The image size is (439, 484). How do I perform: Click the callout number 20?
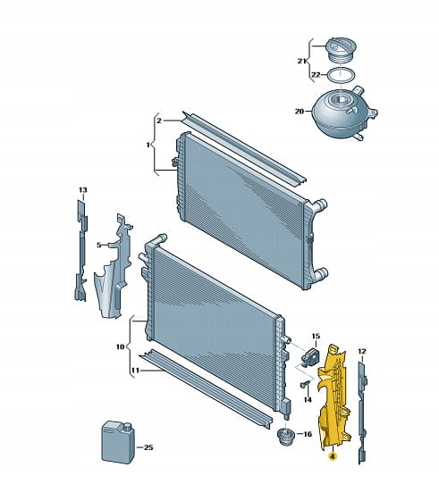click(x=300, y=111)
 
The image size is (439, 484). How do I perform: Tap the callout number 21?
click(x=302, y=61)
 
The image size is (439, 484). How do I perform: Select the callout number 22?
click(x=316, y=75)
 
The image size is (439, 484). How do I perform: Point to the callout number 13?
click(x=82, y=190)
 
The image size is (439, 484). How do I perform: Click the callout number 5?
click(x=99, y=245)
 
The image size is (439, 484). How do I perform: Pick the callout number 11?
click(x=135, y=370)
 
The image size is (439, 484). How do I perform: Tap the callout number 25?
click(x=148, y=447)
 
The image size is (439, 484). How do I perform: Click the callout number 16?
click(x=308, y=434)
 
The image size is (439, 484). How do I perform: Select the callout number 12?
click(x=362, y=351)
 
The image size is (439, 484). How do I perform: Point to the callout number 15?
click(x=316, y=336)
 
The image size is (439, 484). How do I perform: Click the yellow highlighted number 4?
click(x=333, y=456)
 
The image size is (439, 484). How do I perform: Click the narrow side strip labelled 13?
click(x=81, y=250)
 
